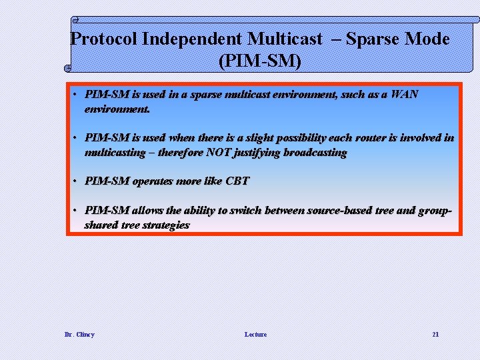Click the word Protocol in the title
pos(104,39)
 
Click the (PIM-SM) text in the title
pos(260,62)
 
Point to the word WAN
pos(404,94)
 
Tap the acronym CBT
pos(237,181)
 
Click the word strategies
pos(166,225)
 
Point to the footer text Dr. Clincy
pos(79,334)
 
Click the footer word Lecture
pos(255,334)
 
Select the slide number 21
pos(435,334)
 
